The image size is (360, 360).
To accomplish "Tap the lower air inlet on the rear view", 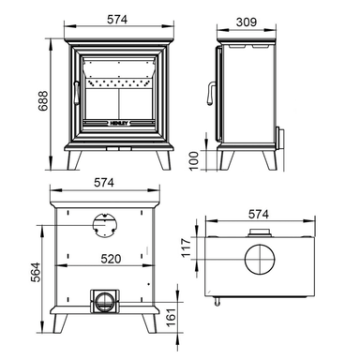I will (x=103, y=301).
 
